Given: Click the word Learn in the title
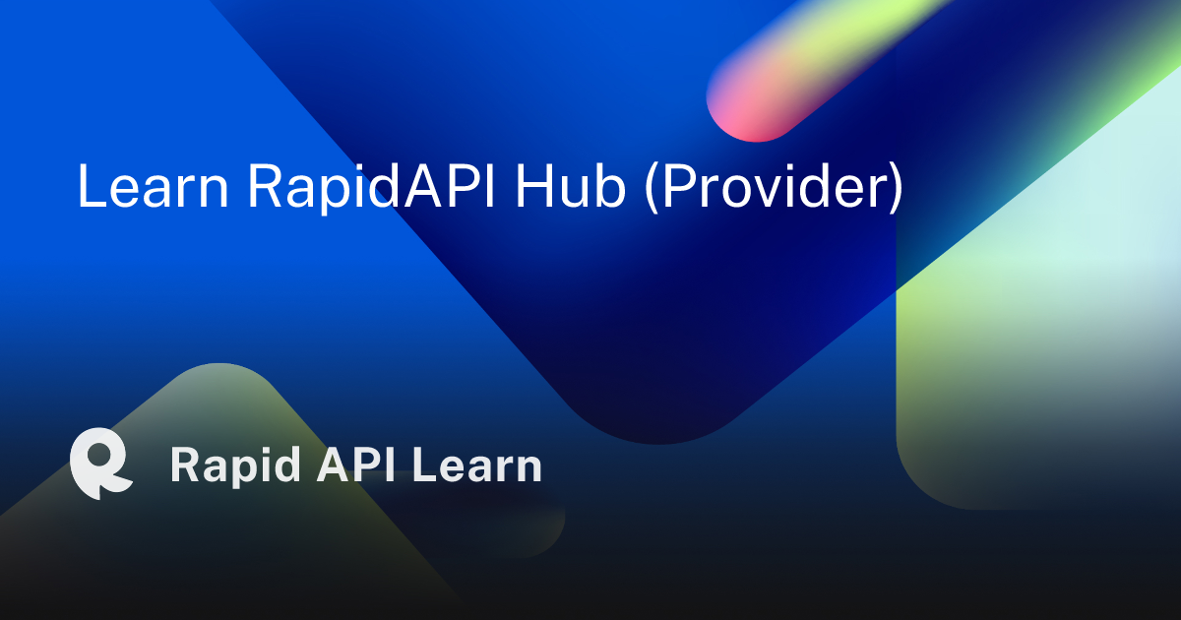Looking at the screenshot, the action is pos(153,186).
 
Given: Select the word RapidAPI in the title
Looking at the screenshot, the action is pos(372,187).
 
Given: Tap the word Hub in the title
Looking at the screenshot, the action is pos(571,186).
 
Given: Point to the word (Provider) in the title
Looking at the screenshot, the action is pos(774,187).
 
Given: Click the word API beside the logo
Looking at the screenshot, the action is pos(356,464).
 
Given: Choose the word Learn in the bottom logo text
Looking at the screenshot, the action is pos(477,464).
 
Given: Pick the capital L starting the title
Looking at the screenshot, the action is pos(92,186).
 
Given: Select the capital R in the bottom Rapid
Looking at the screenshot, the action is pos(186,464).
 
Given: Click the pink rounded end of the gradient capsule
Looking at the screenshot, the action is pos(738,113).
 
